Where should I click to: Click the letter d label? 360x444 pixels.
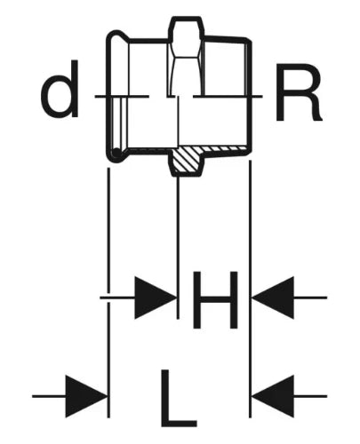[x=60, y=89]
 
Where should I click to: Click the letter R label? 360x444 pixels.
[x=299, y=92]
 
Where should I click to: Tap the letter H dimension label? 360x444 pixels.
[x=215, y=300]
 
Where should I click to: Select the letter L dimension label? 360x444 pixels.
[x=179, y=398]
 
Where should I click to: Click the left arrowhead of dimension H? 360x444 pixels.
[x=155, y=297]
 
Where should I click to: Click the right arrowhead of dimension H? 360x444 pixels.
[x=273, y=297]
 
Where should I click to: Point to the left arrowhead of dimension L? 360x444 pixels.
[x=86, y=396]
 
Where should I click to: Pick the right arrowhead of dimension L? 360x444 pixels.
[x=273, y=396]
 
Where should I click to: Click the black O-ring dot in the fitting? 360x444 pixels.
[x=116, y=153]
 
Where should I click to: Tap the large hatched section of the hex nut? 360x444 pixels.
[x=187, y=161]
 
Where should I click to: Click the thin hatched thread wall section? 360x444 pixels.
[x=225, y=148]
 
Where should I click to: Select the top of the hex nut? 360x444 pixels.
[x=186, y=19]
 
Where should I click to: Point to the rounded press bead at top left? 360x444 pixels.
[x=117, y=35]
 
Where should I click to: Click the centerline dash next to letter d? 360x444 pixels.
[x=122, y=96]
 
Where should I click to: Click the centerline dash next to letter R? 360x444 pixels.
[x=228, y=96]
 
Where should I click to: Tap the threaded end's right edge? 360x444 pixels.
[x=251, y=96]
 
